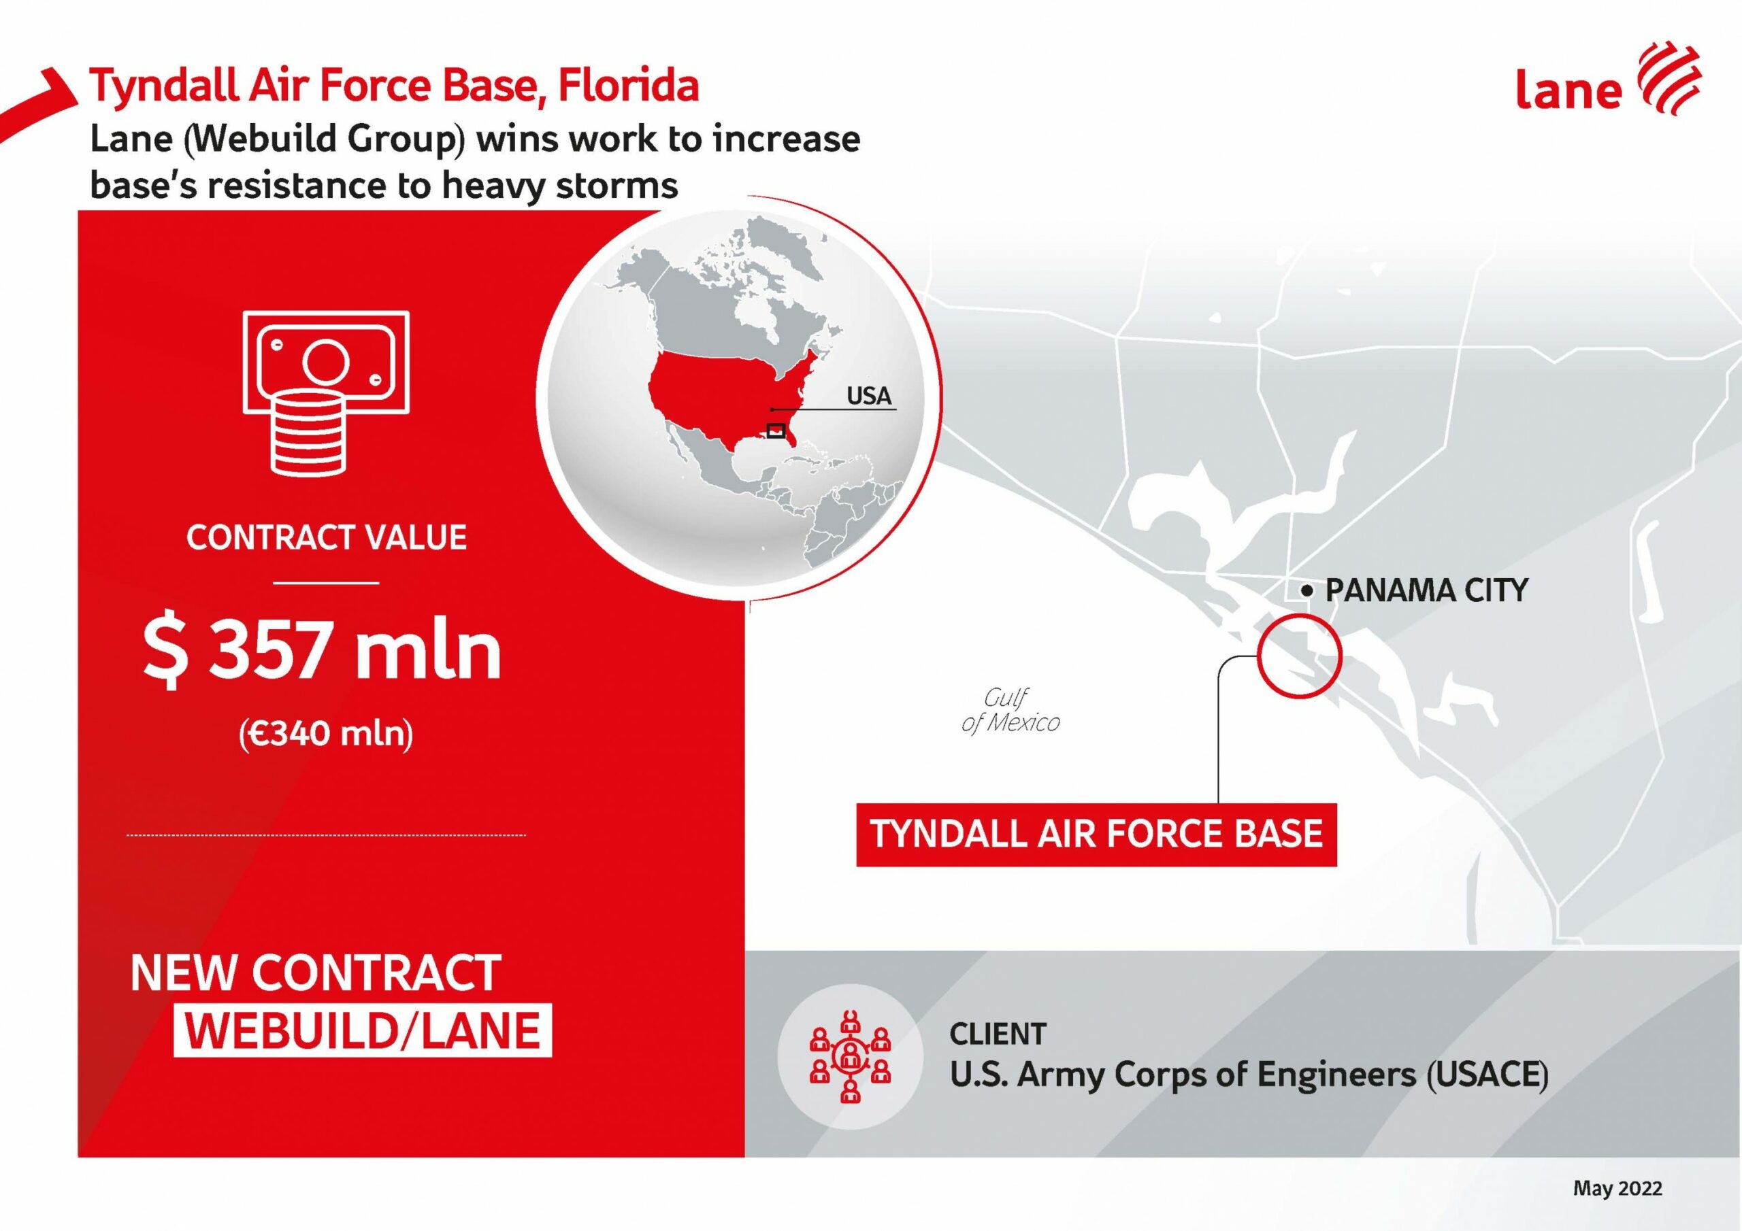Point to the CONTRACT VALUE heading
pos(326,538)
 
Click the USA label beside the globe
pos(869,396)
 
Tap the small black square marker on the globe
pos(776,430)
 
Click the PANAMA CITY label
pos(1426,591)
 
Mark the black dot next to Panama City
pos(1306,591)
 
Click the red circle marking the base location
pos(1258,656)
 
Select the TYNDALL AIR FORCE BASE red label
pos(1096,834)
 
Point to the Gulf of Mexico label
pos(1010,710)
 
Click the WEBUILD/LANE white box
pos(363,1031)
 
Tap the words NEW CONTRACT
pos(316,974)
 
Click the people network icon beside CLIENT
pos(851,1055)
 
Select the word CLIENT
pos(998,1034)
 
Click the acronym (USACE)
pos(1486,1075)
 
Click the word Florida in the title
pos(629,86)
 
